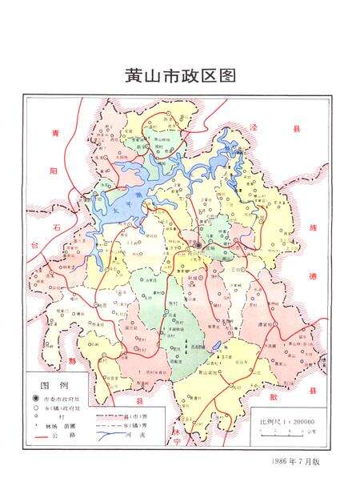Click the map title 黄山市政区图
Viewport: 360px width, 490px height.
(180, 76)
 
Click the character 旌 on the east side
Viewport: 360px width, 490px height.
(311, 227)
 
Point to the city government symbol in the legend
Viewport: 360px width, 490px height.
(35, 398)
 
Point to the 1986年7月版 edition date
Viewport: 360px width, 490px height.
(296, 462)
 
